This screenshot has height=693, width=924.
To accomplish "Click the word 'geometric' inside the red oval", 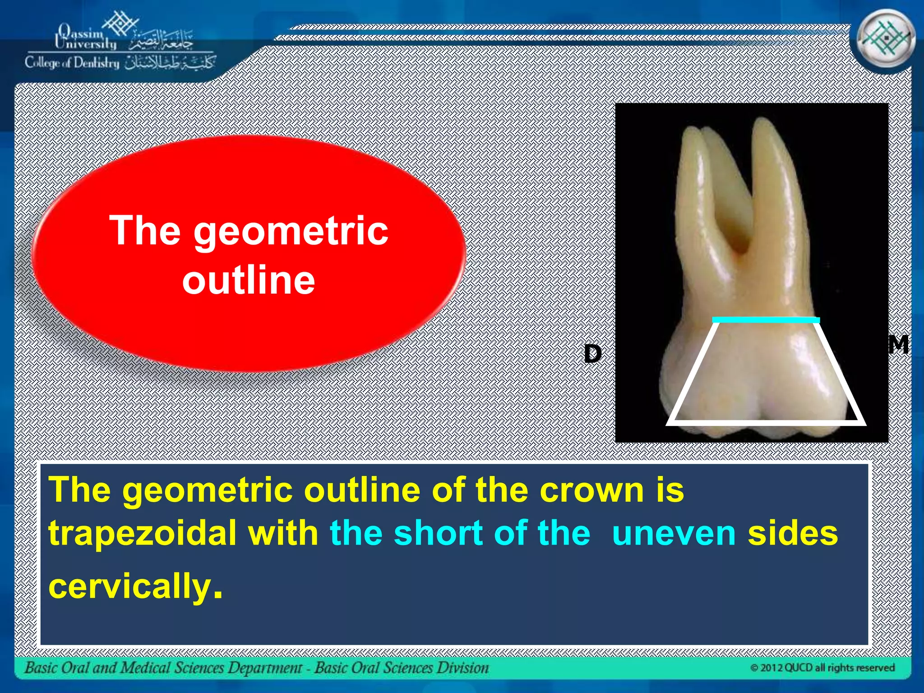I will (291, 231).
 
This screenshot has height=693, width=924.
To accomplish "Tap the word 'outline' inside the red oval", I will (248, 280).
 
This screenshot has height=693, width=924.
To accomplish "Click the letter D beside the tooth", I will (592, 354).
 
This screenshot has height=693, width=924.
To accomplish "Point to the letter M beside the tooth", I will (898, 345).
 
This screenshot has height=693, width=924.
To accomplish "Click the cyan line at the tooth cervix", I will (766, 320).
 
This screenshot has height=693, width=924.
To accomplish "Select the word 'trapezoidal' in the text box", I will (142, 533).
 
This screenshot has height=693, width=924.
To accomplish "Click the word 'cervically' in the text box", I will (130, 586).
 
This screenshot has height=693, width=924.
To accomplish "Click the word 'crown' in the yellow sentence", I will (591, 490).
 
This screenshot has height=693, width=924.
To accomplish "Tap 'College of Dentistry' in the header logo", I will (72, 63).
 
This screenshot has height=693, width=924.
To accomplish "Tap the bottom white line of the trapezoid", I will (766, 422).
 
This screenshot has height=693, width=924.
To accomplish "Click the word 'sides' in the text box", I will (793, 533).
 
